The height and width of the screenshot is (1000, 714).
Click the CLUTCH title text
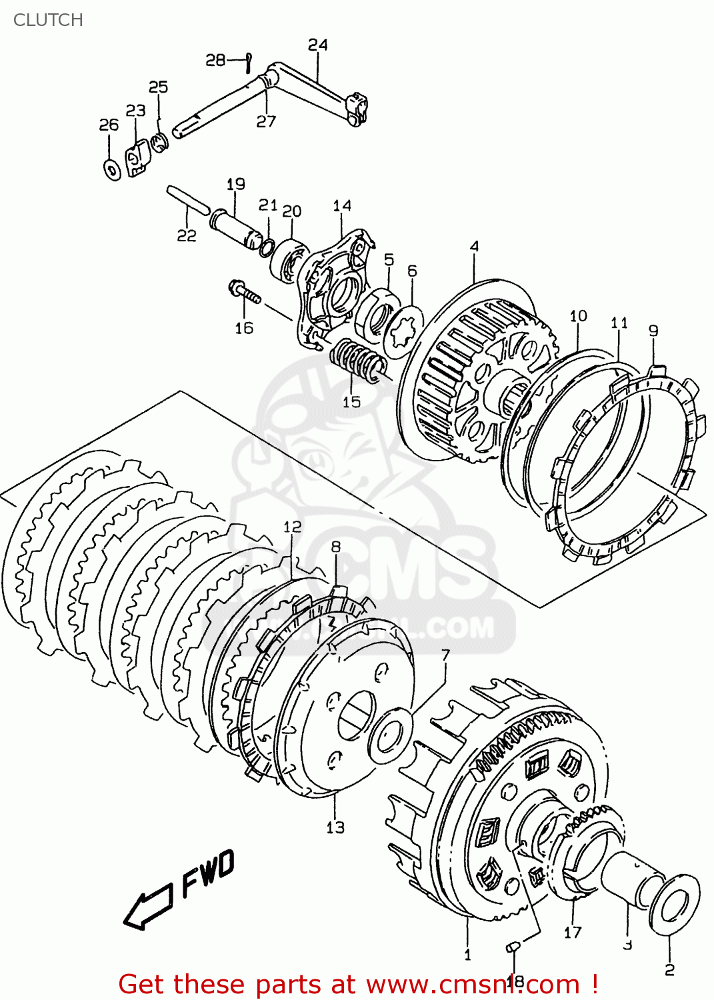(x=48, y=20)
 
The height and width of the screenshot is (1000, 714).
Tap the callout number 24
(x=317, y=45)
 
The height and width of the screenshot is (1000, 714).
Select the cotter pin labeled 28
(x=248, y=61)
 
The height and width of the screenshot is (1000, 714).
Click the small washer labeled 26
(x=111, y=168)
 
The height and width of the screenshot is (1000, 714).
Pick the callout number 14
(x=342, y=206)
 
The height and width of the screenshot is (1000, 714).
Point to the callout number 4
(x=474, y=247)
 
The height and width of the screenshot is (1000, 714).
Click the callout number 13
(x=335, y=827)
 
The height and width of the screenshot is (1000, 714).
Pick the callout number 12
(x=292, y=527)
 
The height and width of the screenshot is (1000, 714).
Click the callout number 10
(x=578, y=315)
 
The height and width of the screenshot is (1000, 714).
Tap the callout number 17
(x=573, y=932)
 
